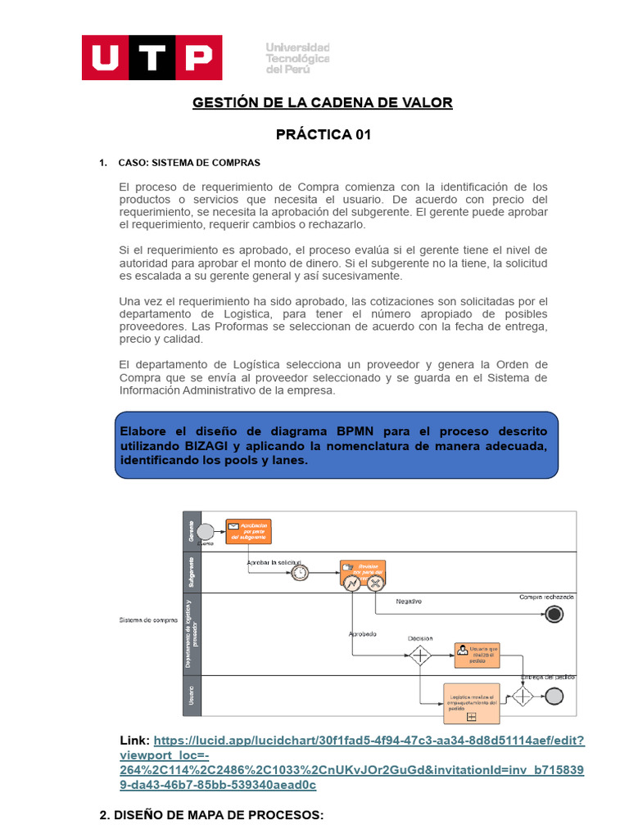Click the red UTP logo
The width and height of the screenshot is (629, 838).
pyautogui.click(x=152, y=57)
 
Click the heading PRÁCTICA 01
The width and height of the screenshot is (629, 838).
pyautogui.click(x=323, y=134)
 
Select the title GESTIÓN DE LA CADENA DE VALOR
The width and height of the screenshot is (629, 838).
pyautogui.click(x=322, y=102)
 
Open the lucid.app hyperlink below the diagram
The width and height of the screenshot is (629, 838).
pyautogui.click(x=369, y=740)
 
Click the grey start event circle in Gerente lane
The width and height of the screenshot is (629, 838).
pyautogui.click(x=206, y=532)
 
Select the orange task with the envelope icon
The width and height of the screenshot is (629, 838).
pyautogui.click(x=248, y=531)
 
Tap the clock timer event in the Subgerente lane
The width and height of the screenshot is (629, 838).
pyautogui.click(x=300, y=573)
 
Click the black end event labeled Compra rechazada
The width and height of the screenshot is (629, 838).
pyautogui.click(x=555, y=613)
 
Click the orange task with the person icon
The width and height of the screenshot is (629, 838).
pyautogui.click(x=476, y=654)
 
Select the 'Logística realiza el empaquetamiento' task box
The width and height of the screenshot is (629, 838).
pyautogui.click(x=471, y=703)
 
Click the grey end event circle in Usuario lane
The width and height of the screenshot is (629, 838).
pyautogui.click(x=554, y=696)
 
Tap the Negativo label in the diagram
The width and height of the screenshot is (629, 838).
pyautogui.click(x=409, y=601)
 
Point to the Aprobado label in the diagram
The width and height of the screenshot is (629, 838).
pyautogui.click(x=363, y=634)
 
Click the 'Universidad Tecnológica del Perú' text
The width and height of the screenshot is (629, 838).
pyautogui.click(x=297, y=59)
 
